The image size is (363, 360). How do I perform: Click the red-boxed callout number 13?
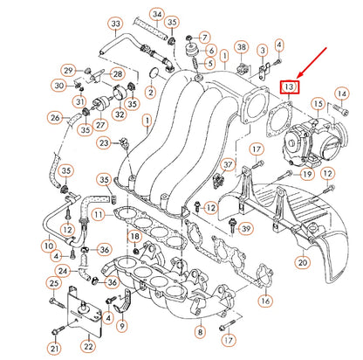pyautogui.click(x=289, y=87)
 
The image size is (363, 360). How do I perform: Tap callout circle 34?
pyautogui.click(x=157, y=14)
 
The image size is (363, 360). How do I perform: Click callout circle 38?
pyautogui.click(x=242, y=46)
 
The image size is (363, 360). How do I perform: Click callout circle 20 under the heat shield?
pyautogui.click(x=302, y=261)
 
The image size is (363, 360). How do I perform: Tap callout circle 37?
pyautogui.click(x=228, y=163)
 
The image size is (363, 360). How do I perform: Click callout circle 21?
pyautogui.click(x=54, y=350)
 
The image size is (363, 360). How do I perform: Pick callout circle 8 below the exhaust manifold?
pyautogui.click(x=200, y=332)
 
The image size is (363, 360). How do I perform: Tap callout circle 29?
pyautogui.click(x=67, y=70)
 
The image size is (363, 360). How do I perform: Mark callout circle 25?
pyautogui.click(x=54, y=284)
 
